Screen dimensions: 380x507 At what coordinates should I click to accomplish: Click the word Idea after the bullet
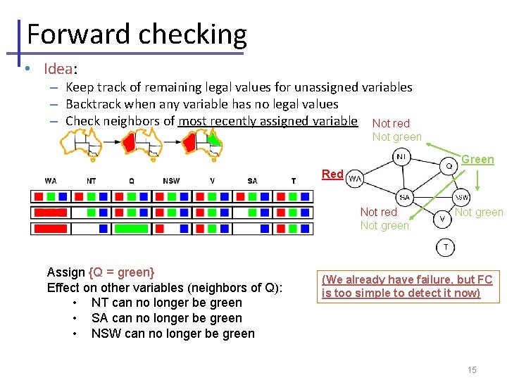coord(58,68)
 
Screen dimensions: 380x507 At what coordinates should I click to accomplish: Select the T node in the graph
coord(446,246)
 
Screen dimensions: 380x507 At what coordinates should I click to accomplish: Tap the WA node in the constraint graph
coord(355,178)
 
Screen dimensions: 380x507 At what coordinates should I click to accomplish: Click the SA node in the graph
coord(404,197)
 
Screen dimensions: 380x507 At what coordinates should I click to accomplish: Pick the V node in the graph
coord(443,219)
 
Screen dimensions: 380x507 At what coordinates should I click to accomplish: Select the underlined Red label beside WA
coord(332,174)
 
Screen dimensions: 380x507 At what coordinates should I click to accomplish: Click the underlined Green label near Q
coord(477,159)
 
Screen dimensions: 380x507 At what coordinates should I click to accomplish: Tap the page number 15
coord(472,370)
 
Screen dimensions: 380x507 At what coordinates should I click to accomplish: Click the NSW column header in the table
coord(171,181)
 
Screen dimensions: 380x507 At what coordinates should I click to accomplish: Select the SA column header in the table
coord(252,181)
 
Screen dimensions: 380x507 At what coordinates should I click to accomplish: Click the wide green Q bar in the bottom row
coord(131,228)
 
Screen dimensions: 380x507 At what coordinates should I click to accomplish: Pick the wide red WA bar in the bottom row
coord(50,228)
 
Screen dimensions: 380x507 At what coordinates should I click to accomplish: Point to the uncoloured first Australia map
coord(79,145)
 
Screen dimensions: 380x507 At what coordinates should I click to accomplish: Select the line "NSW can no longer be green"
coord(173,334)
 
